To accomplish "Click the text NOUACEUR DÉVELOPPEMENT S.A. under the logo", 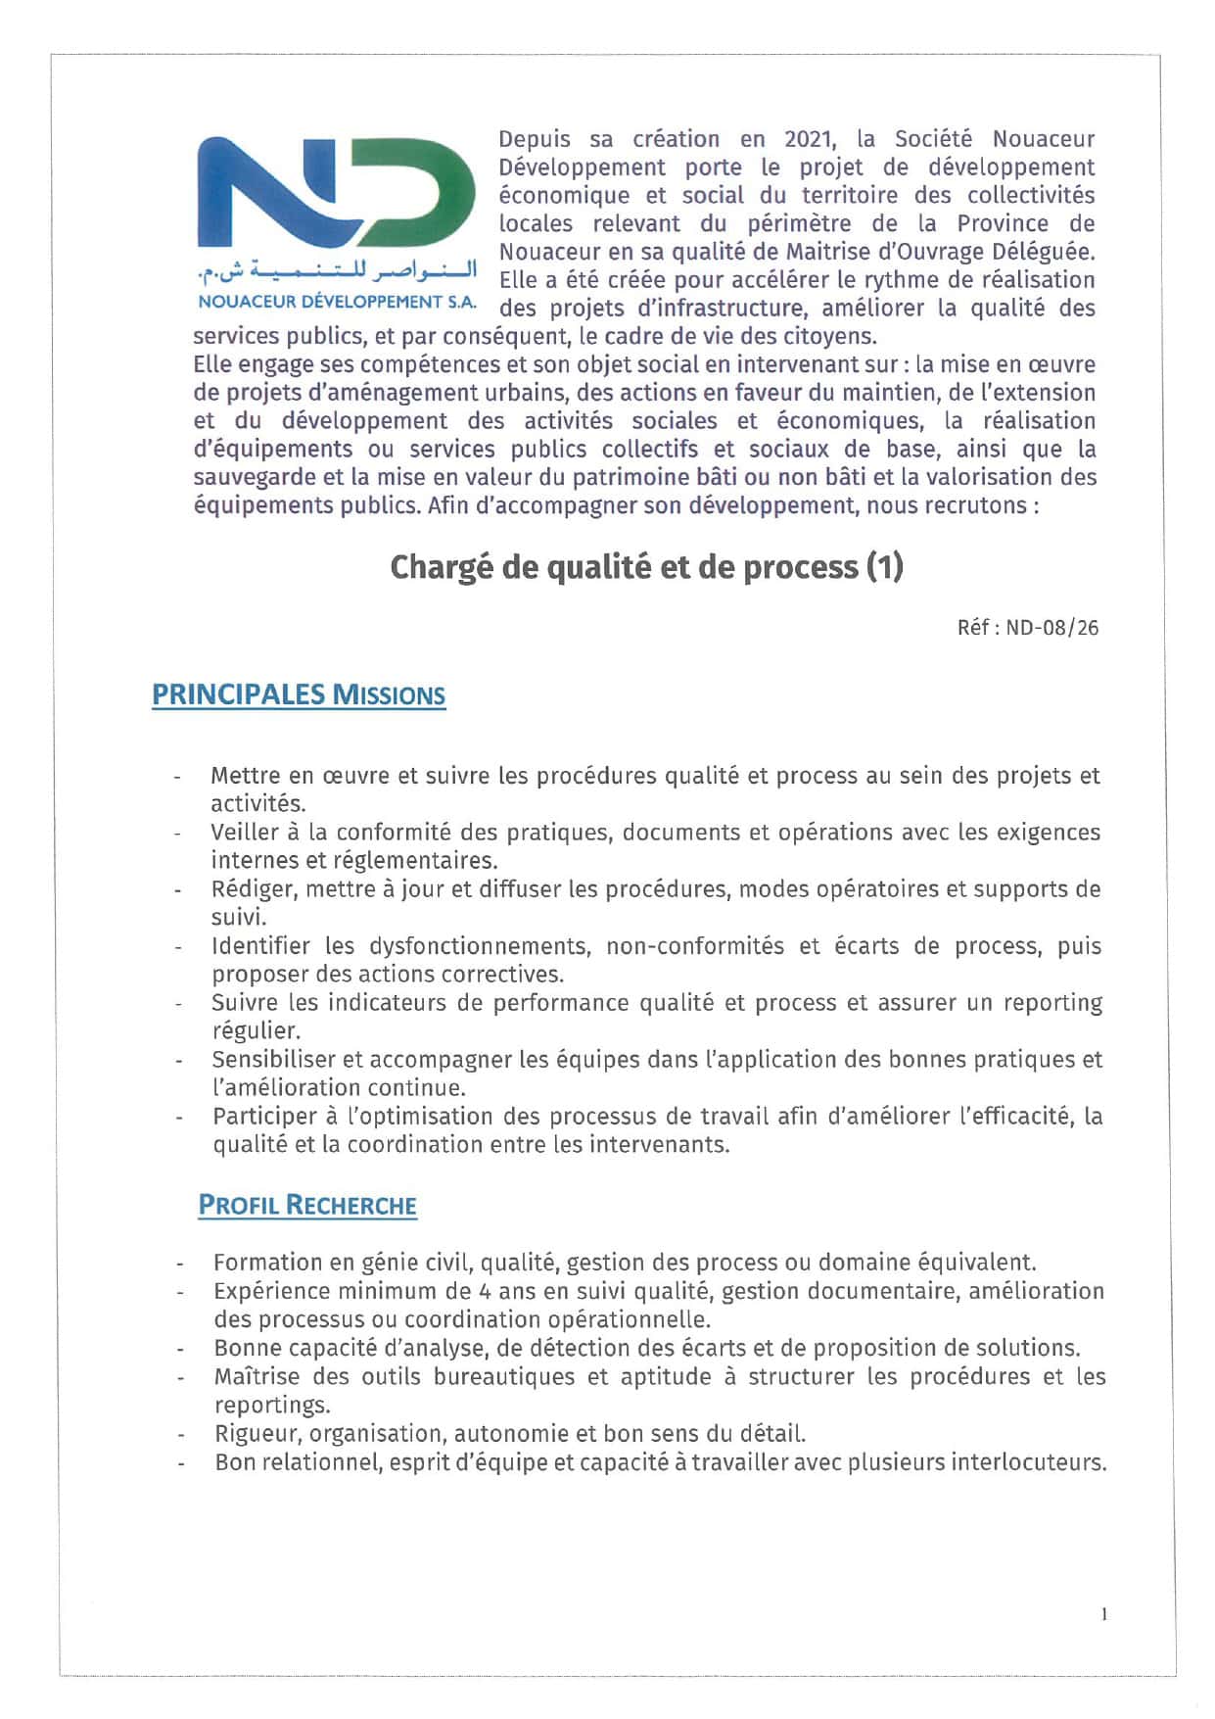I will coord(336,302).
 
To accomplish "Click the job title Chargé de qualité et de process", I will coord(645,567).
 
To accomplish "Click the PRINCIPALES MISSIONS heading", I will coord(299,695).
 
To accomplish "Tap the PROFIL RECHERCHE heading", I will coord(307,1205).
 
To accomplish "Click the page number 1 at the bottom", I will coord(1104,1615).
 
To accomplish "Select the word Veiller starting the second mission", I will coord(240,833).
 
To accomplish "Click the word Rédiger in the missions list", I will coord(243,889).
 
